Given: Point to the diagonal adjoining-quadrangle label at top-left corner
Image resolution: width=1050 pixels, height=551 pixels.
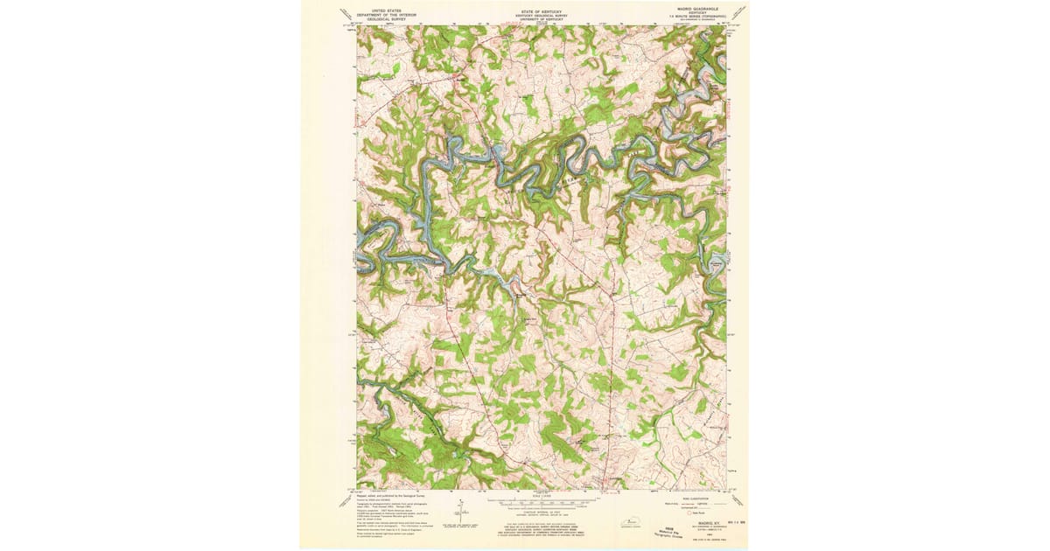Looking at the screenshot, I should [x=346, y=13].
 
